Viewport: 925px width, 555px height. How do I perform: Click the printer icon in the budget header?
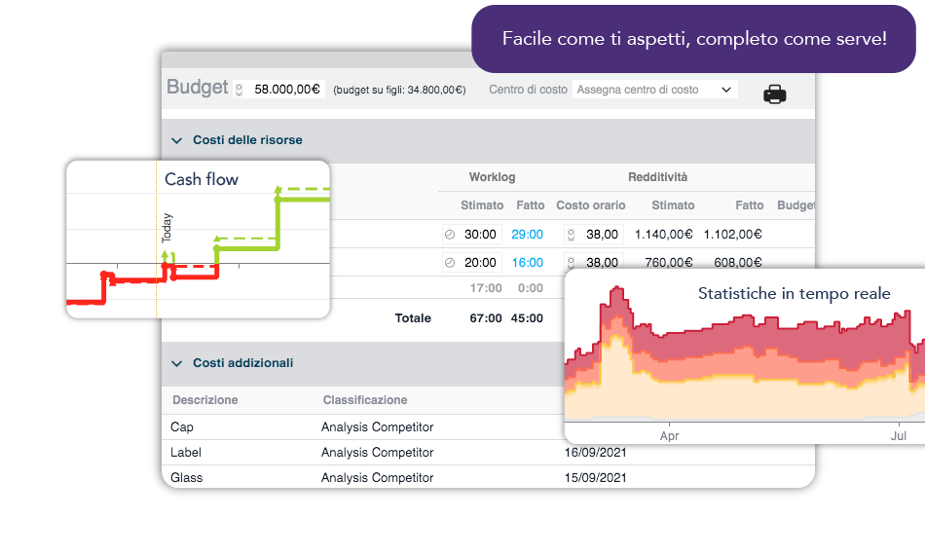tap(774, 94)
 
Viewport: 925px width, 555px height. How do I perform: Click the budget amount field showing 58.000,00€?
tap(286, 90)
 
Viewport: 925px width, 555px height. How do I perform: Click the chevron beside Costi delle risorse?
tap(177, 140)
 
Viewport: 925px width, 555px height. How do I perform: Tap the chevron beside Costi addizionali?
tap(177, 363)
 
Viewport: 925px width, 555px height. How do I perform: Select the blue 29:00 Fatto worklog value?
tap(527, 235)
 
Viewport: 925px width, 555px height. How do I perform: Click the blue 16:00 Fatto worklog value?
tap(527, 263)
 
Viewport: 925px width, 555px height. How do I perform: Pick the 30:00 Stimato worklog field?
tap(481, 235)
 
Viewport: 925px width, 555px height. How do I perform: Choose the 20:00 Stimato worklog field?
tap(481, 263)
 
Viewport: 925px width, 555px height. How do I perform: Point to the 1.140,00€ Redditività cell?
tap(663, 235)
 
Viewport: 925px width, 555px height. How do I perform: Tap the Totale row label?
tap(413, 317)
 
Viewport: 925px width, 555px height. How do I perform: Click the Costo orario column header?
tap(591, 205)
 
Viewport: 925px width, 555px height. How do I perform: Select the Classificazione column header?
tap(365, 400)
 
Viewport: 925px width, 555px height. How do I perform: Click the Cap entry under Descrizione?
tap(182, 426)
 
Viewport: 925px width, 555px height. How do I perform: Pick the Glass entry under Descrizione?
tap(187, 477)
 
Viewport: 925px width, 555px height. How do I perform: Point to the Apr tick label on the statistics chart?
tap(670, 436)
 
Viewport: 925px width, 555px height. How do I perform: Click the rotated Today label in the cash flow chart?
tap(167, 227)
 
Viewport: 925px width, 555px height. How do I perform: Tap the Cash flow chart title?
tap(202, 179)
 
